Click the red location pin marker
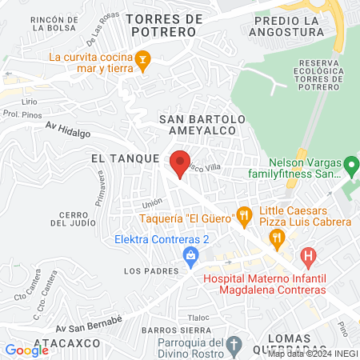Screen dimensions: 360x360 tap(181, 161)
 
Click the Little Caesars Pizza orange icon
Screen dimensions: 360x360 tap(277, 237)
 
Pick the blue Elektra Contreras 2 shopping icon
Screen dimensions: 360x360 tap(190, 256)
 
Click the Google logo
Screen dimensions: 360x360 tap(26, 350)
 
